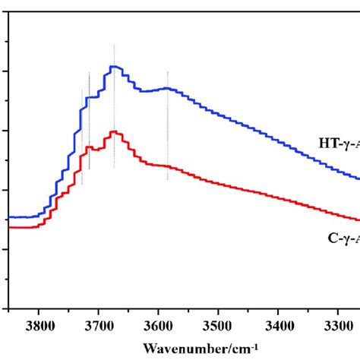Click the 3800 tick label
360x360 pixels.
39,324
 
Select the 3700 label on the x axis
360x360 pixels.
98,324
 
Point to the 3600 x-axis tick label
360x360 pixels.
158,324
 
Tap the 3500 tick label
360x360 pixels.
218,324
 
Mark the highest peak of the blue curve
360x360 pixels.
114,67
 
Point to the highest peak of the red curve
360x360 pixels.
114,131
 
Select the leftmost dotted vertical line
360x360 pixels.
82,137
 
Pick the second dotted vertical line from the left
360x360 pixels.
89,122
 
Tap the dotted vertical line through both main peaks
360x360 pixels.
114,99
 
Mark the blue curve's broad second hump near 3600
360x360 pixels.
163,88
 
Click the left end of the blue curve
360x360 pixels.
9,217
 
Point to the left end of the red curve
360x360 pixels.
9,226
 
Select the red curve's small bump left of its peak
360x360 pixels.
89,147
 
